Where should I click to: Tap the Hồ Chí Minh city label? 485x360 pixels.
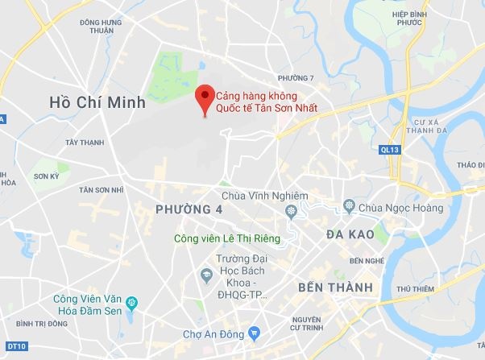pos(97,102)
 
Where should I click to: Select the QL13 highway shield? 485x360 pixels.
pos(388,149)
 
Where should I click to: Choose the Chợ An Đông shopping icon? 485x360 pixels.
pos(254,331)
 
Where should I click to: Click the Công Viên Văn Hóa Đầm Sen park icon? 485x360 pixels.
pos(133,303)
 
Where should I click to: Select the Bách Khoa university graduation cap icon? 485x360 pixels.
pos(205,275)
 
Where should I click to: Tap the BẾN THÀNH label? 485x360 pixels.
pos(334,288)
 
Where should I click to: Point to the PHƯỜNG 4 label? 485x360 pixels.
pos(187,209)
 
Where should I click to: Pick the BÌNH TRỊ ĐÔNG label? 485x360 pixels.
pos(45,324)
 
